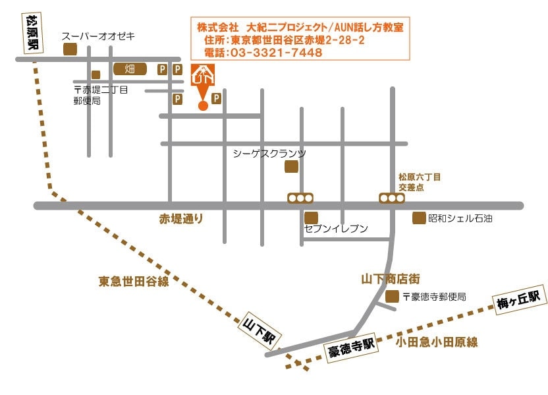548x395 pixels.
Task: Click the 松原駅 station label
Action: (30, 33)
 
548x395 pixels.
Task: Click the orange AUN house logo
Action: (202, 75)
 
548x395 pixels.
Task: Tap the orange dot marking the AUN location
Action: (202, 106)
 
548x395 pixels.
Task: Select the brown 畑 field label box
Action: (130, 69)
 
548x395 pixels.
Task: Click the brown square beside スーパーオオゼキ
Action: (69, 49)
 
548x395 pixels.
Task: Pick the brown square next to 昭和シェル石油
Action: (418, 218)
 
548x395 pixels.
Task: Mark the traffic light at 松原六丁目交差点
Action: (391, 198)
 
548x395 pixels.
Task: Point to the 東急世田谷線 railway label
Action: (134, 281)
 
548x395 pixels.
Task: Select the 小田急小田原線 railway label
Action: (437, 342)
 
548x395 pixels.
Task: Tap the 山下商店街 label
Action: (391, 279)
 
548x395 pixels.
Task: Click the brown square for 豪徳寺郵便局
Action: (392, 297)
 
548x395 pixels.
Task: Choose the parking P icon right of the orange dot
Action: (216, 99)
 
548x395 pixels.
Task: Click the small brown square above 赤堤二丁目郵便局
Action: (96, 75)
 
